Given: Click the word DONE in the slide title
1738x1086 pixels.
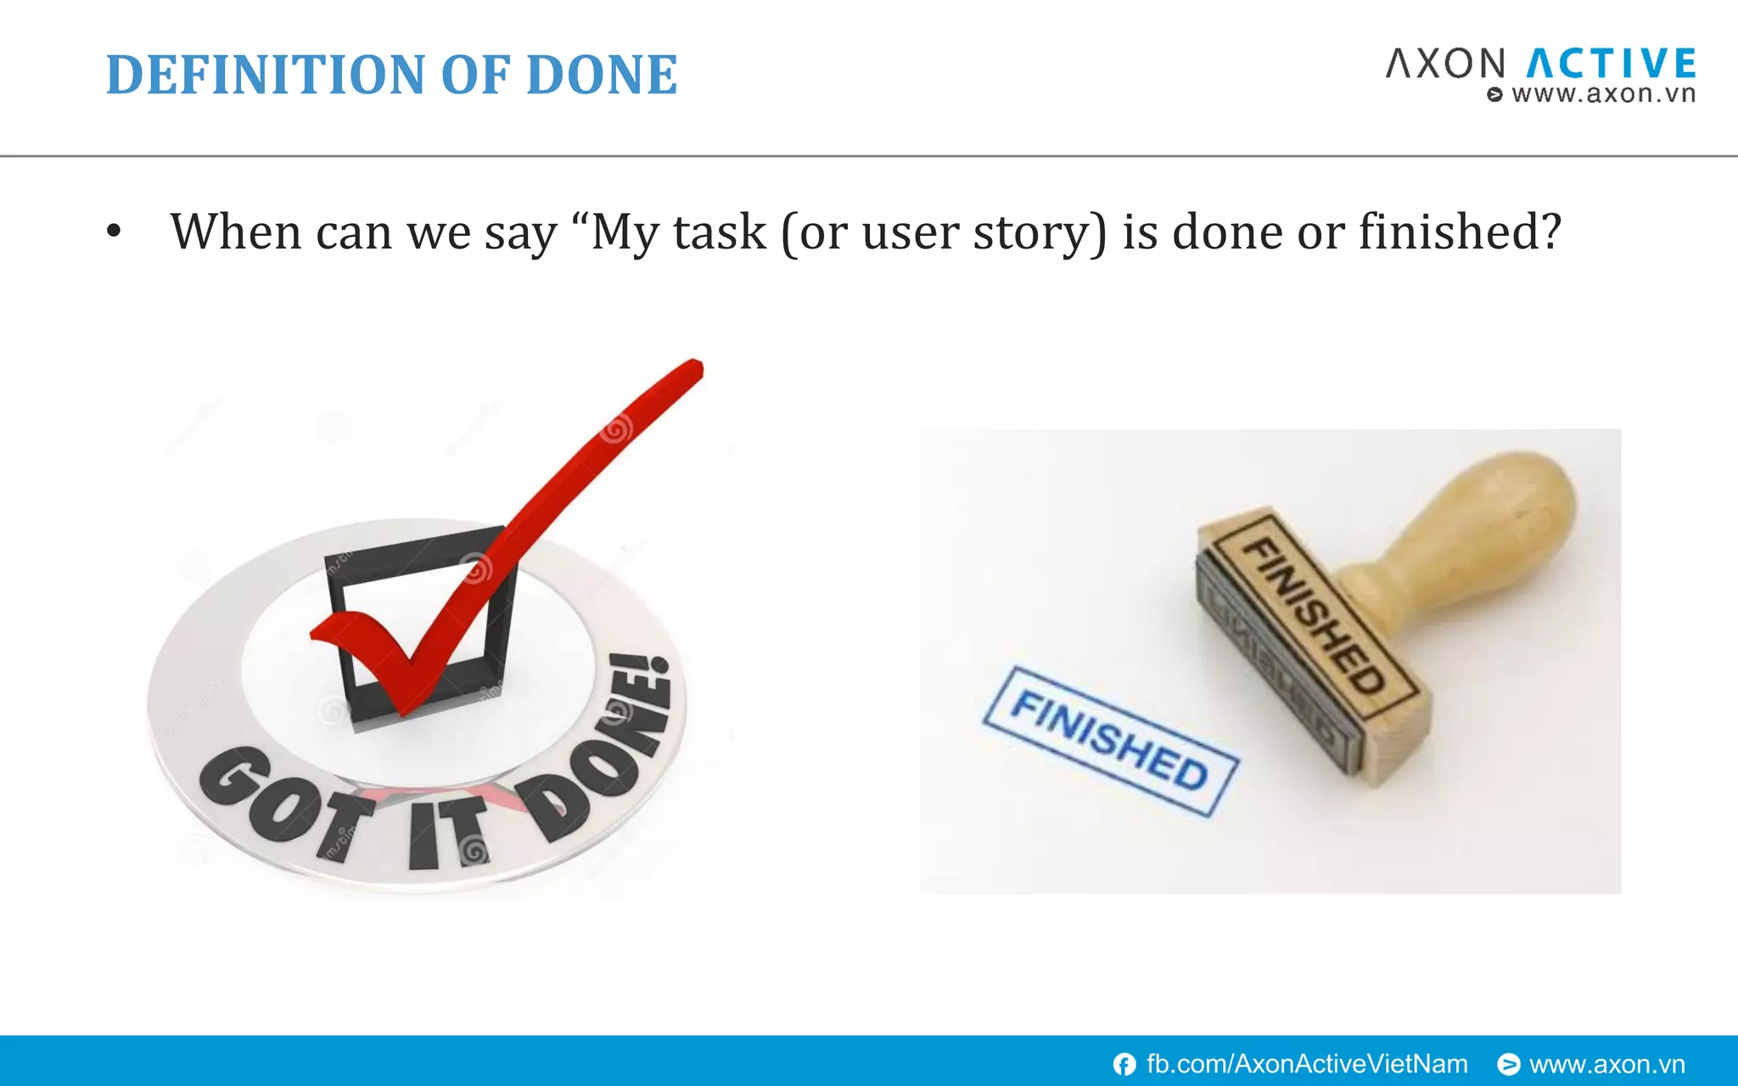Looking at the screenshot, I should coord(601,75).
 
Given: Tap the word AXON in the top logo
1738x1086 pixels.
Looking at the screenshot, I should coord(1445,64).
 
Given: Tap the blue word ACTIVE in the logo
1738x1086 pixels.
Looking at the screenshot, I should coord(1612,64).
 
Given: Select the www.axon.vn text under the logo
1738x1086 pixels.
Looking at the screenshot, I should coord(1602,94).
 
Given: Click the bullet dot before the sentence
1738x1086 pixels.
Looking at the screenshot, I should coord(114,232).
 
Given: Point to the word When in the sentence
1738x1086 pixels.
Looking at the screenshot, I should coord(236,232).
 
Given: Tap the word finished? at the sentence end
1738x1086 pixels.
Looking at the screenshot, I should coord(1460,232).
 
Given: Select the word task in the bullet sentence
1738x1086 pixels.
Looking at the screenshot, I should coord(719,232).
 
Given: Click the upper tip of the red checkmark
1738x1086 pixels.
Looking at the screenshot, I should coord(692,370).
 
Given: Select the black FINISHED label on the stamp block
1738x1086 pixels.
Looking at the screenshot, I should coord(1313,616).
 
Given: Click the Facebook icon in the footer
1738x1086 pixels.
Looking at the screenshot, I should coord(1124,1064).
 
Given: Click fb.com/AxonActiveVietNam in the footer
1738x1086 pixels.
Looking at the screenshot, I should coord(1307,1064).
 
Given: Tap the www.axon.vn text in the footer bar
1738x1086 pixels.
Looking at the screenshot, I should coord(1606,1064).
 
